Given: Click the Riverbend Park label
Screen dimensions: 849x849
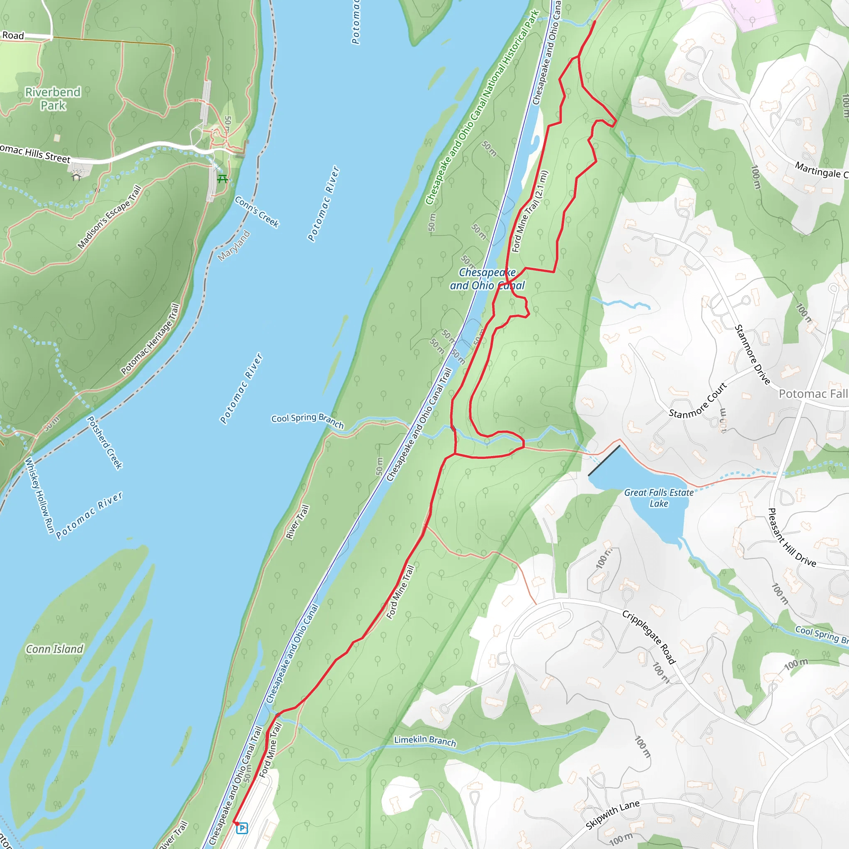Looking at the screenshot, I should (x=53, y=99).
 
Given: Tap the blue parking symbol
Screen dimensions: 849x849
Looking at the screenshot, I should (x=242, y=828).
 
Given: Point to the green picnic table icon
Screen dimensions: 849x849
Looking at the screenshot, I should (x=223, y=178).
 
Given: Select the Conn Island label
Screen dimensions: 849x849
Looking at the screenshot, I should (x=54, y=649).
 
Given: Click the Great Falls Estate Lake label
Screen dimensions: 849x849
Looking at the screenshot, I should (x=659, y=498).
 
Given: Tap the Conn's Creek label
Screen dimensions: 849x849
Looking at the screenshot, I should (x=257, y=212).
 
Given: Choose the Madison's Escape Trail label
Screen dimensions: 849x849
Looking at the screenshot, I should (x=109, y=217).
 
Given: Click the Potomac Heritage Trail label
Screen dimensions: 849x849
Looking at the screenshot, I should (x=150, y=339).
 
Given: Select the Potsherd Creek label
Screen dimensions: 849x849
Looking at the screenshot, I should (x=104, y=442).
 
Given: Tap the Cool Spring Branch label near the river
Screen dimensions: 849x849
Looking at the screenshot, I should (x=307, y=420).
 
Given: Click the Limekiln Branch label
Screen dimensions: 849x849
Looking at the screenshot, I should (x=425, y=741).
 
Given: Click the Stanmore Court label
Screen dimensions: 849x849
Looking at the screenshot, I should (x=698, y=400).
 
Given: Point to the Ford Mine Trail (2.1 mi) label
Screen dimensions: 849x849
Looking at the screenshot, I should (x=530, y=212).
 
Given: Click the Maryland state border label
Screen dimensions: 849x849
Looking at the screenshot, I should (x=234, y=246).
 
